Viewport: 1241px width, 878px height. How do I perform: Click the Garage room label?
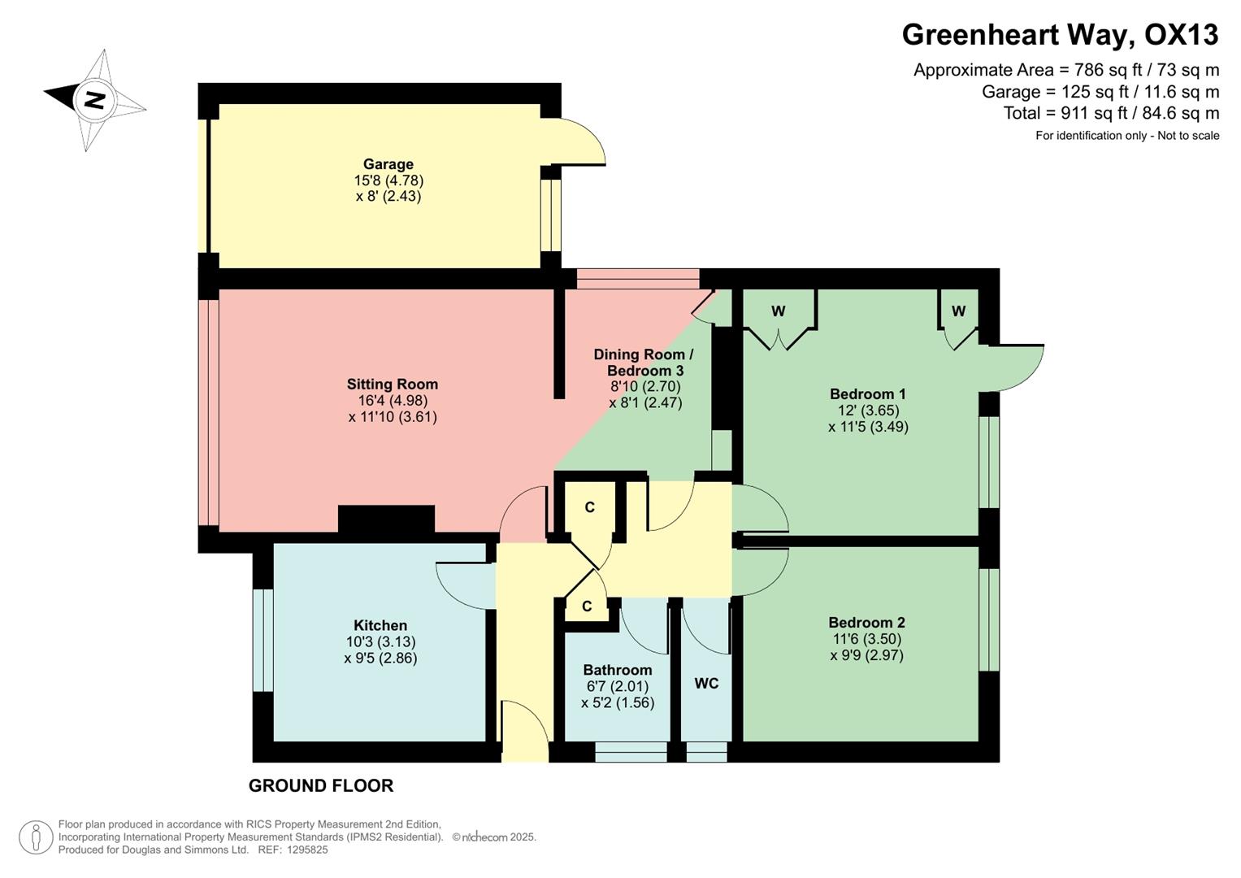pyautogui.click(x=388, y=164)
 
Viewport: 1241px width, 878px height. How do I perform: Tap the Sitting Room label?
pyautogui.click(x=393, y=385)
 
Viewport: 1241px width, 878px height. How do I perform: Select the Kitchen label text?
pyautogui.click(x=380, y=625)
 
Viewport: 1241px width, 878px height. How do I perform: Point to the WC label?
pyautogui.click(x=706, y=684)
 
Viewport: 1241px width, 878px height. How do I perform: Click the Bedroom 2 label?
pyautogui.click(x=866, y=623)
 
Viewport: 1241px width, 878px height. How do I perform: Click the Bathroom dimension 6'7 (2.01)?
pyautogui.click(x=618, y=686)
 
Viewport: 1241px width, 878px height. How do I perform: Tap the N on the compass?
pyautogui.click(x=95, y=100)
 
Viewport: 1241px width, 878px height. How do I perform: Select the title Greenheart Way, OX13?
pyautogui.click(x=1060, y=35)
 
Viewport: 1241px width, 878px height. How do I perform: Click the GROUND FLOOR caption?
pyautogui.click(x=321, y=785)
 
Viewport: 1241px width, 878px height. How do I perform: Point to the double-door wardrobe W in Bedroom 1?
pyautogui.click(x=779, y=311)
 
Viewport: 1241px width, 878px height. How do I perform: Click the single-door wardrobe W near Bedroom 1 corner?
pyautogui.click(x=959, y=311)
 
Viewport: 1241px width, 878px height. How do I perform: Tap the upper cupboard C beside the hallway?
pyautogui.click(x=590, y=507)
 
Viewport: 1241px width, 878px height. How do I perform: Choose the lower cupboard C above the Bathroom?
pyautogui.click(x=587, y=606)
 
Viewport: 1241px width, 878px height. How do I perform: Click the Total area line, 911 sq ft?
pyautogui.click(x=1111, y=113)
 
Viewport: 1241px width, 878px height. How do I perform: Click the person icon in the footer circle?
pyautogui.click(x=36, y=837)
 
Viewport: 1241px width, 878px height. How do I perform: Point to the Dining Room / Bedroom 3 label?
pyautogui.click(x=644, y=363)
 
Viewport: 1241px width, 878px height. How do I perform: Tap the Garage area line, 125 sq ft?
pyautogui.click(x=1100, y=92)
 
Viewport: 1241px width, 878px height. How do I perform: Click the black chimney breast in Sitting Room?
pyautogui.click(x=386, y=519)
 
